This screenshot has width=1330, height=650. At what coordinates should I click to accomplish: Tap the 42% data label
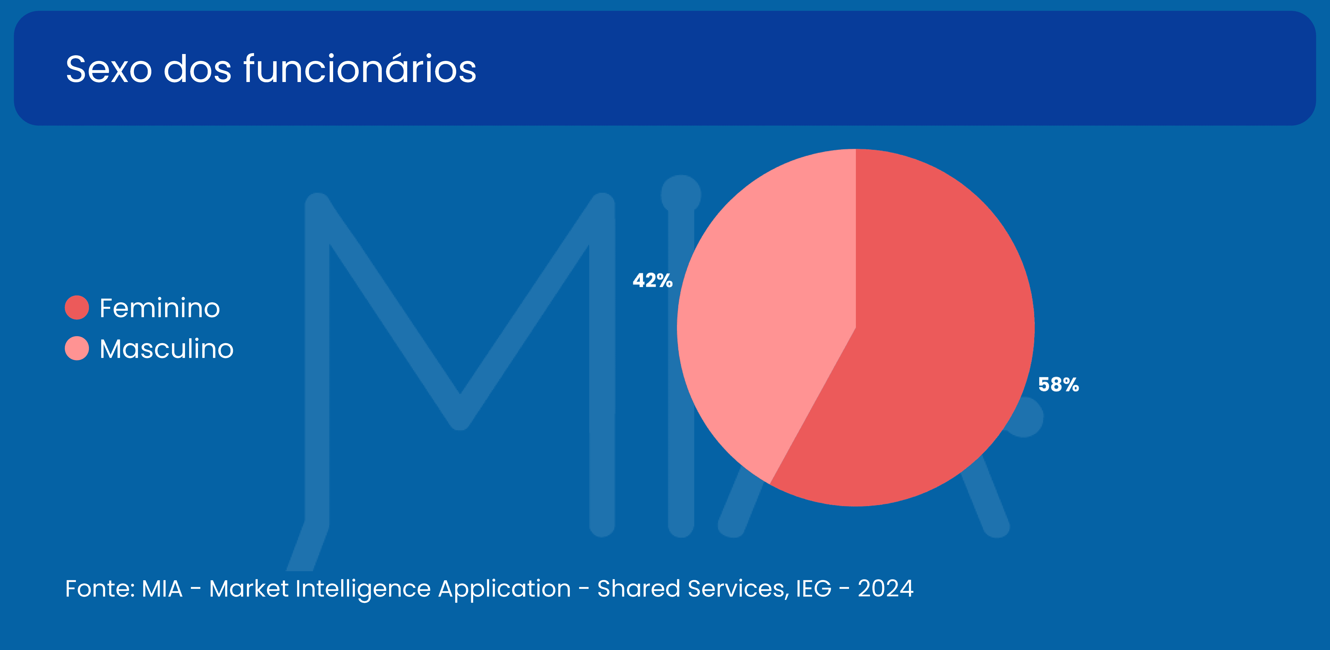[653, 280]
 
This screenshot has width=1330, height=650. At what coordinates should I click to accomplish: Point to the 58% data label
[1059, 385]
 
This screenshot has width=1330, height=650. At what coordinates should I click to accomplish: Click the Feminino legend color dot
[77, 308]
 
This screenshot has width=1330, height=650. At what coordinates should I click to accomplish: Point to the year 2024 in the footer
[885, 589]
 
